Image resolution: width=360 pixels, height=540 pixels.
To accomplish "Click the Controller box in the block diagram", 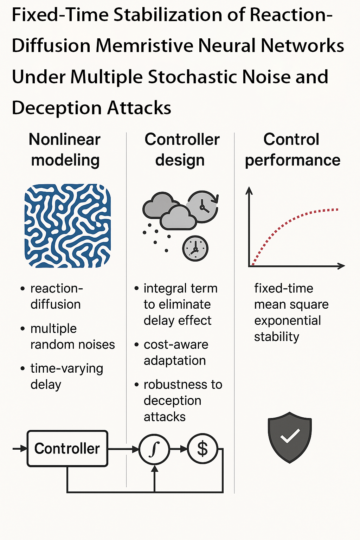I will [67, 449].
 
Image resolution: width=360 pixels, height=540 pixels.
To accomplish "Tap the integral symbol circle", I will [154, 449].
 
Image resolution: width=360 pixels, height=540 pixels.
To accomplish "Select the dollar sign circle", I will [202, 449].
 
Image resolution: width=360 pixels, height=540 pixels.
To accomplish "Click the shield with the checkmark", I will [290, 437].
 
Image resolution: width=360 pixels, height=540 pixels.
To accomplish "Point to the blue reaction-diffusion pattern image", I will [67, 225].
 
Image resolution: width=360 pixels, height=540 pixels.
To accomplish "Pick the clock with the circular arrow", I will [203, 206].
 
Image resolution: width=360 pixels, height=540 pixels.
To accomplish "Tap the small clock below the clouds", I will [195, 249].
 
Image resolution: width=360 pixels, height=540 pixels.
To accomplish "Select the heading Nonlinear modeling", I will [65, 149].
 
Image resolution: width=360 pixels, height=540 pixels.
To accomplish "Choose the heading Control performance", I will [292, 149].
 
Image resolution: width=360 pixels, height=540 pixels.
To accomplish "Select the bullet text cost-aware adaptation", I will [175, 352].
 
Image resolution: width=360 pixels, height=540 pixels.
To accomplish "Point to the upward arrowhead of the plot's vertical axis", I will [249, 191].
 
